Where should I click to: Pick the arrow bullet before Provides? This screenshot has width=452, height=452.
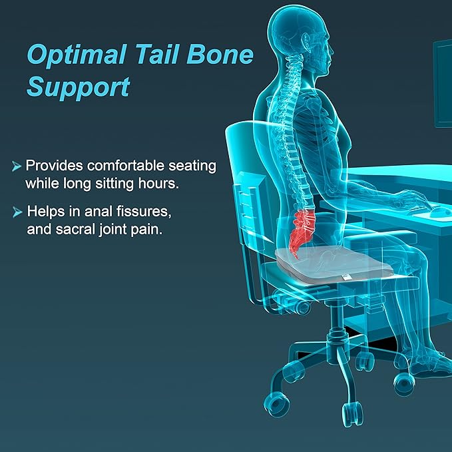pyautogui.click(x=17, y=166)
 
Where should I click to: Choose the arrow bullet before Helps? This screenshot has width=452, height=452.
pyautogui.click(x=17, y=212)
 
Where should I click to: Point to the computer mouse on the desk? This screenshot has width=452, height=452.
pyautogui.click(x=438, y=212)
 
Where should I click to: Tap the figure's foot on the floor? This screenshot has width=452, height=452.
pyautogui.click(x=429, y=363)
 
